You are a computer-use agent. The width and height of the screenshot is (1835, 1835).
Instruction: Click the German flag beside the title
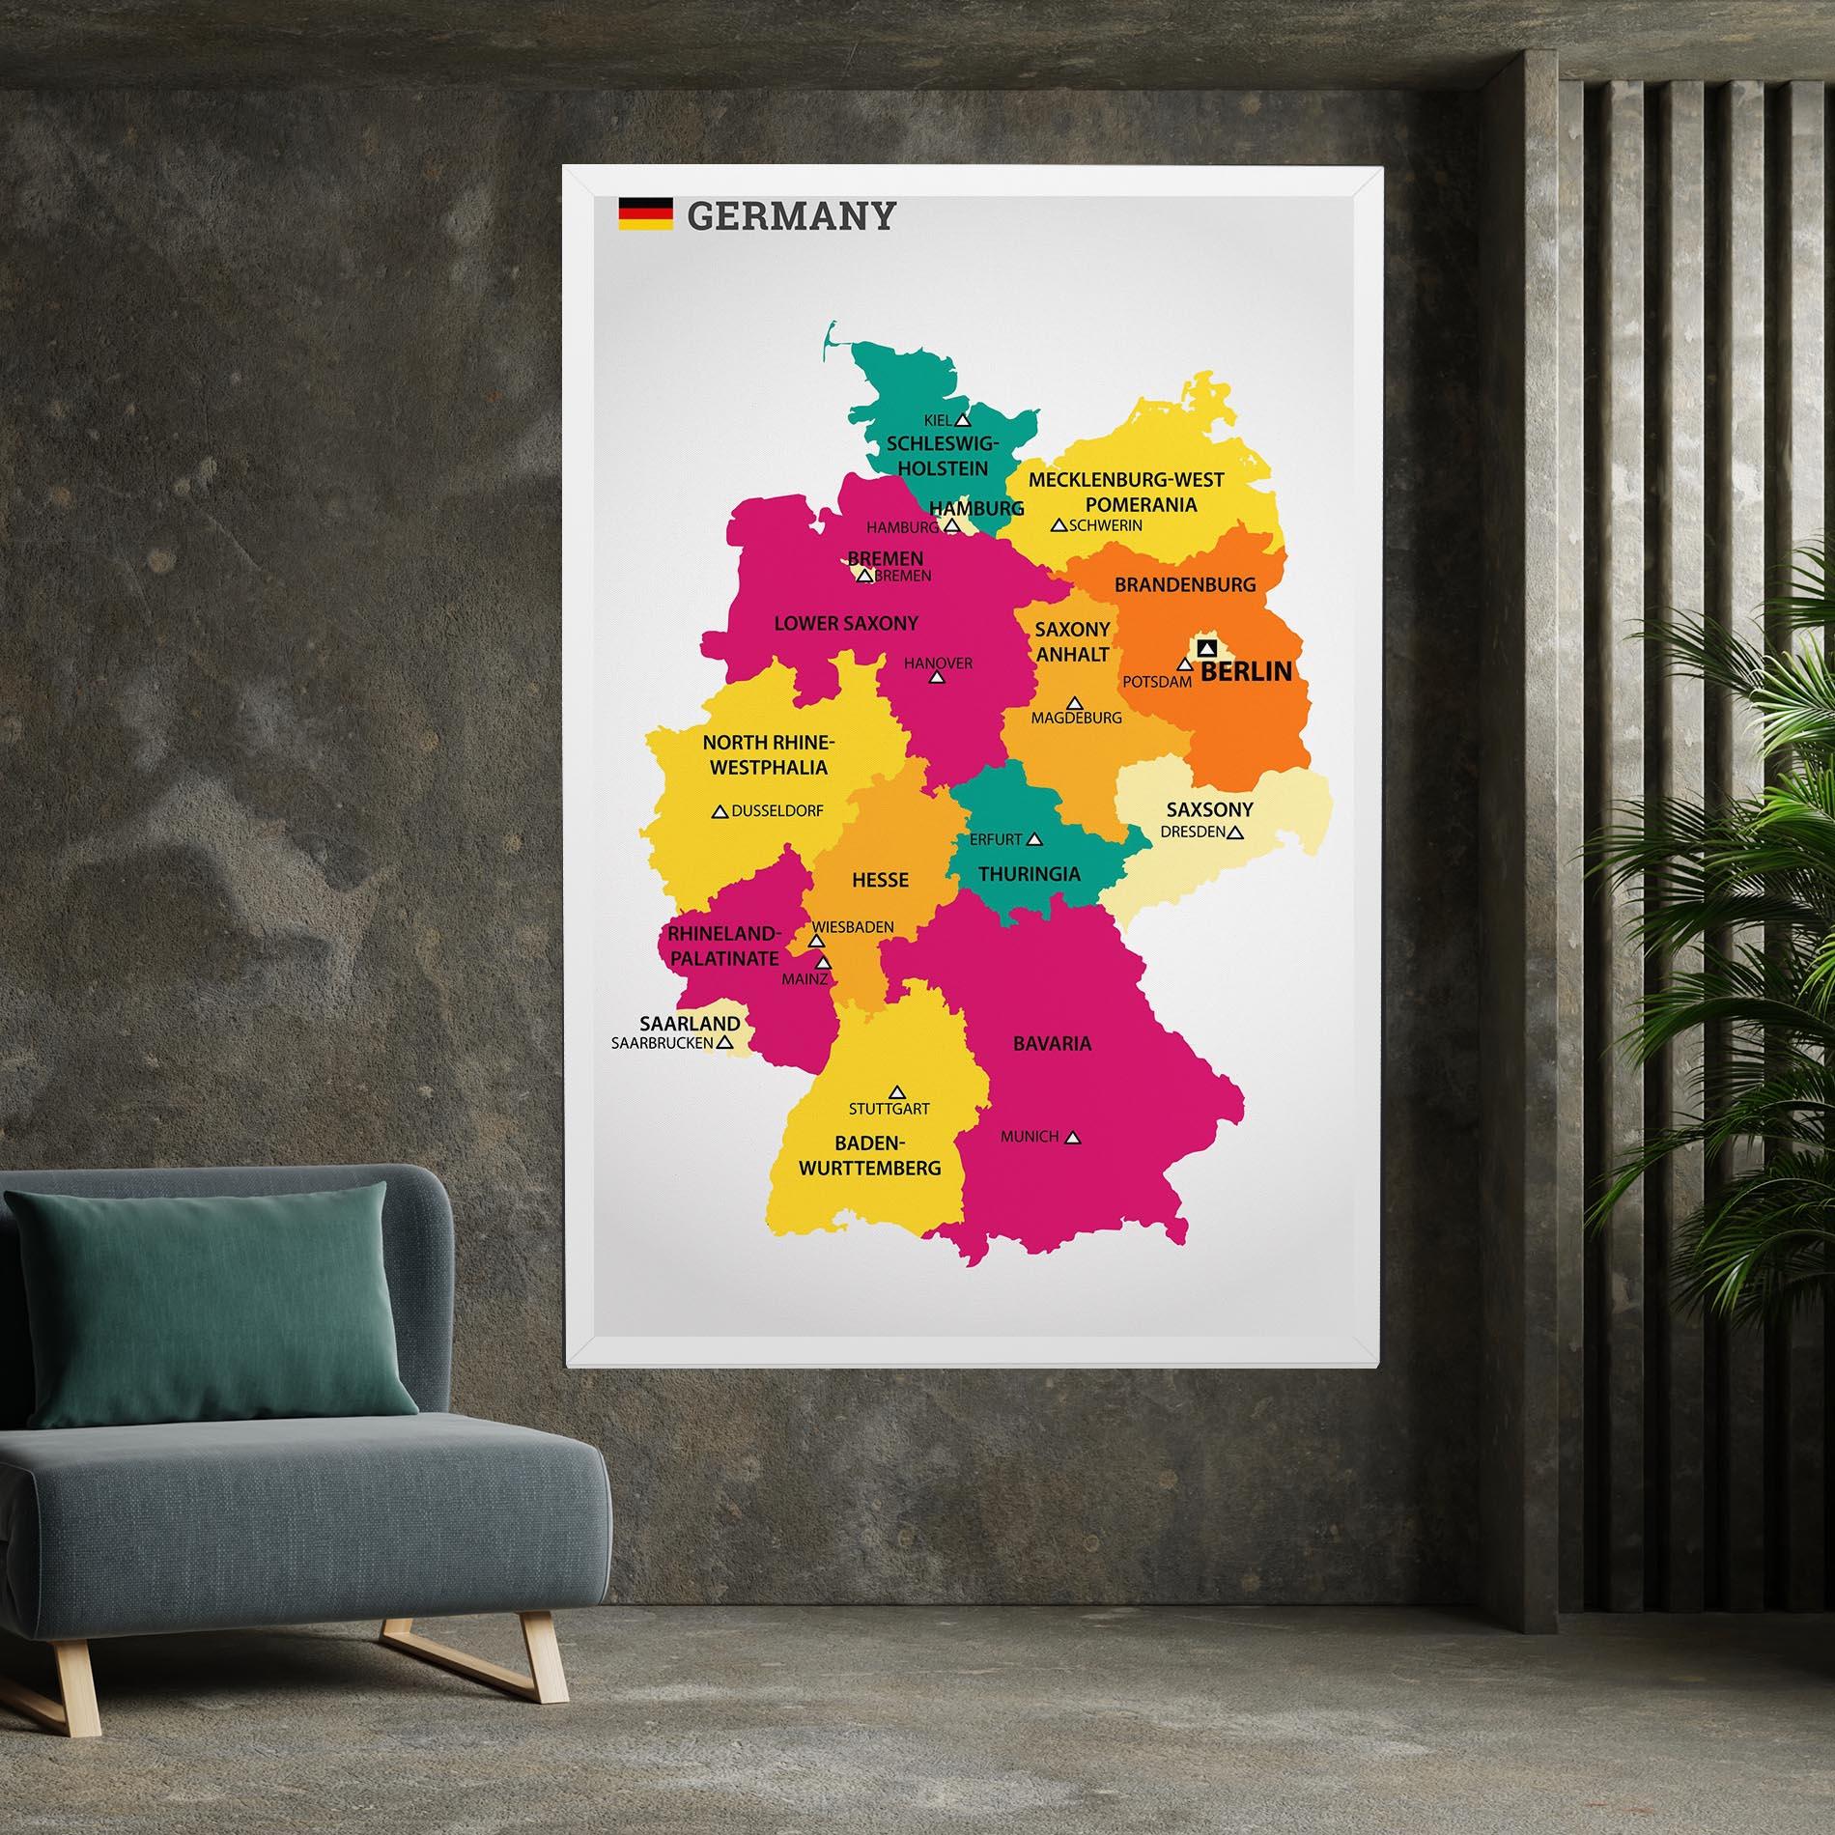(646, 213)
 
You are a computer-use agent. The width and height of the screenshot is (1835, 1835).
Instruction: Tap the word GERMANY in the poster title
(791, 215)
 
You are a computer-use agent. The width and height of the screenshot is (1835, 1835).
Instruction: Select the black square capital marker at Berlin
(1204, 646)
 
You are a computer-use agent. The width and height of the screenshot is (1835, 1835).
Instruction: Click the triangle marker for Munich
(1072, 1138)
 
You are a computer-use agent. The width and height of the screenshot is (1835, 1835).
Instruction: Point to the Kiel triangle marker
(962, 420)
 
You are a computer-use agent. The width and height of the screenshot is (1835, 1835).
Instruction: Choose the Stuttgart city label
(889, 1108)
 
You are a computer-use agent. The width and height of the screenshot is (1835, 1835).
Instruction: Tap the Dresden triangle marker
(1235, 832)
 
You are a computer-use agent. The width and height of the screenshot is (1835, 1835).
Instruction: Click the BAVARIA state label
(1052, 1043)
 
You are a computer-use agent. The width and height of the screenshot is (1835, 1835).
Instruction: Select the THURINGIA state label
(1029, 874)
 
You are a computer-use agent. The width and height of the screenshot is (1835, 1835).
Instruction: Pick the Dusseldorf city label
(777, 811)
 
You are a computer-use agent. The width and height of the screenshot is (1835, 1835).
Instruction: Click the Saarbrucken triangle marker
(723, 1043)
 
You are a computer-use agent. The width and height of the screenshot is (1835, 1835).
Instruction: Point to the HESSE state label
(880, 880)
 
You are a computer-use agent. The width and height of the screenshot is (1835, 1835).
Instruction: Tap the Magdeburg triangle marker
(1074, 702)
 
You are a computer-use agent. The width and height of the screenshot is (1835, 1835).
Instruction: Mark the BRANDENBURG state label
(1185, 584)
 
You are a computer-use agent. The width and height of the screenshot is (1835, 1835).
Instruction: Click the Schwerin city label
(1106, 525)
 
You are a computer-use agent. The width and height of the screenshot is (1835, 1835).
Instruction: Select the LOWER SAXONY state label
(846, 623)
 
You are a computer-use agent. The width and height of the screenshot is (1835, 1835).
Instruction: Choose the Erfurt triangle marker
(1034, 839)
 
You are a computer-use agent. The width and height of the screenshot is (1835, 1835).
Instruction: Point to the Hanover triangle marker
(936, 678)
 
